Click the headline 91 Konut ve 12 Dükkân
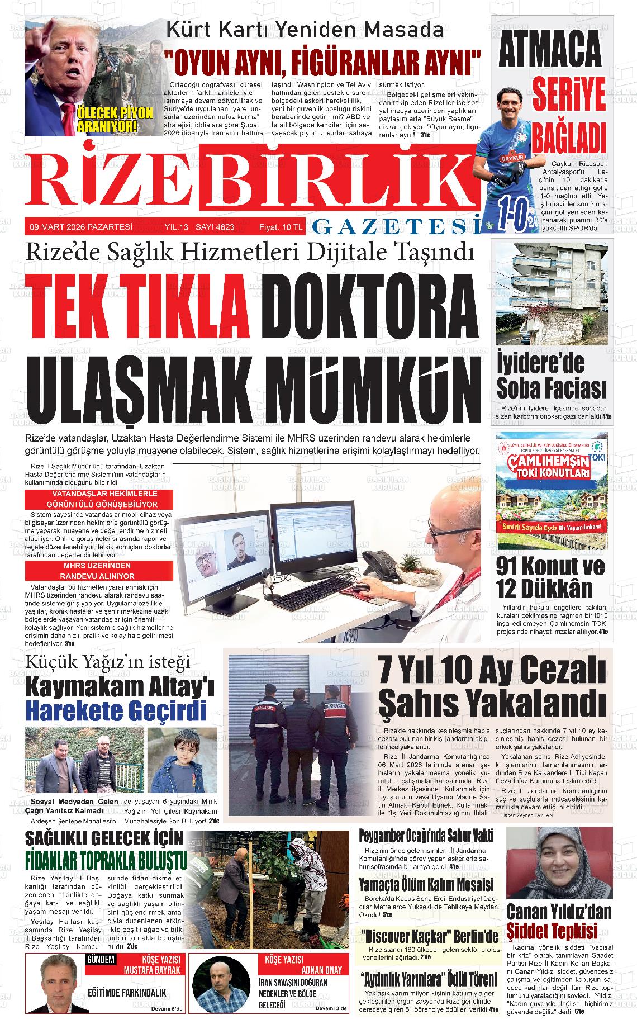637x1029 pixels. pos(550,577)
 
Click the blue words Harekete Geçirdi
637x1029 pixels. pos(116,711)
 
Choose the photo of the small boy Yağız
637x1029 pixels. pos(182,760)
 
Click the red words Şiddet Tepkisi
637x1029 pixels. pos(552,931)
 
